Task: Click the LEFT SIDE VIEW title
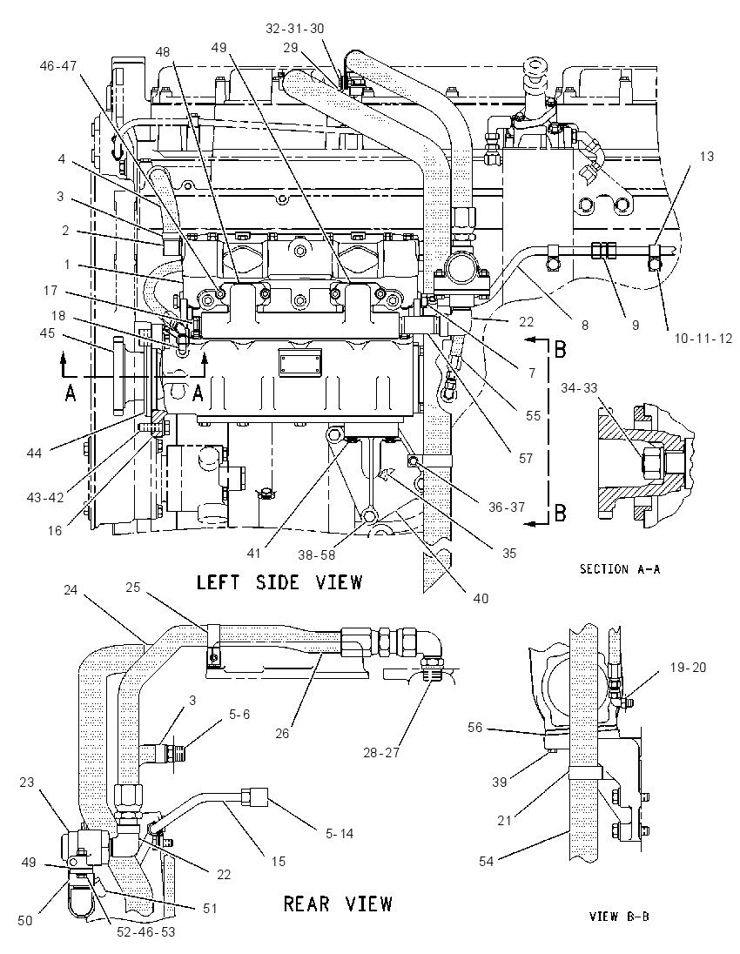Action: tap(279, 582)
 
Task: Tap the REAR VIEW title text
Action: tap(339, 904)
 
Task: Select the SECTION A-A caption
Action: tap(620, 569)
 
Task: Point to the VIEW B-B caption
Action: tap(619, 916)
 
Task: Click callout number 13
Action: tap(706, 157)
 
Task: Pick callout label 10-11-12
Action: tap(703, 339)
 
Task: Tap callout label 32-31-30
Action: tap(295, 28)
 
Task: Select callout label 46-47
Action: tap(58, 65)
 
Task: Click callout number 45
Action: tap(47, 333)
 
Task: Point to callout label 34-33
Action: tap(579, 387)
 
